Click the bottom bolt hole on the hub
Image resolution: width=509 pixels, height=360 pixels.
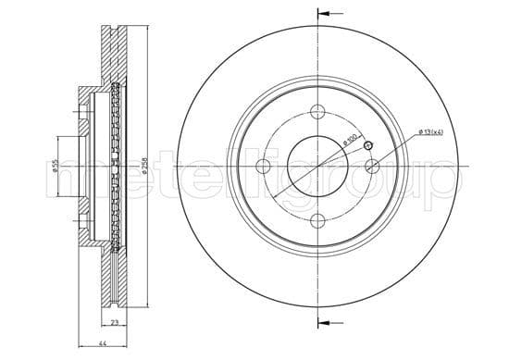[x=317, y=220]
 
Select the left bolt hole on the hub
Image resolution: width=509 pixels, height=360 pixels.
[x=263, y=166]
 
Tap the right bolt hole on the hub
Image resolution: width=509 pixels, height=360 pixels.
[x=372, y=166]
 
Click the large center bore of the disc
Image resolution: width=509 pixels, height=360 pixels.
[x=317, y=166]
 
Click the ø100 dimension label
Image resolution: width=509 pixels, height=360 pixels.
[x=351, y=140]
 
